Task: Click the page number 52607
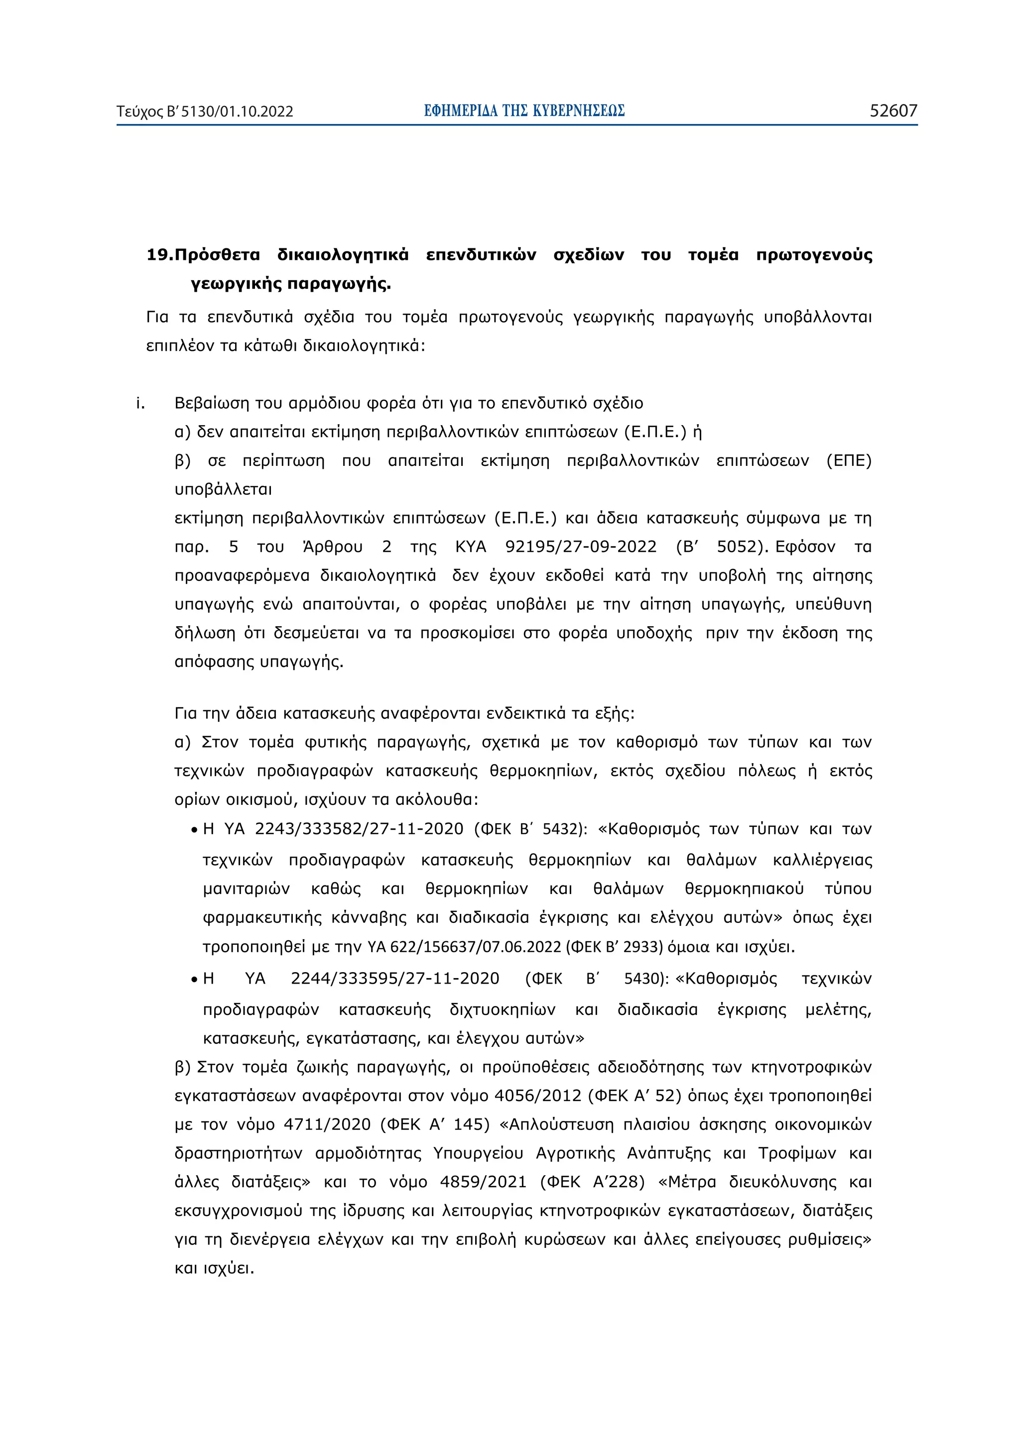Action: tap(892, 111)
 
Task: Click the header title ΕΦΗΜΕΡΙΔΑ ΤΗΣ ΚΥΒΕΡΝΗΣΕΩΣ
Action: tap(523, 111)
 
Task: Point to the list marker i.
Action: tap(140, 403)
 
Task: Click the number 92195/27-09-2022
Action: tap(581, 547)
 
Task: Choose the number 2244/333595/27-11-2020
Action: tap(394, 979)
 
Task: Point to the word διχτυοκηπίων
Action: tap(502, 1010)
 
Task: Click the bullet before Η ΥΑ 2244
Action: tap(195, 980)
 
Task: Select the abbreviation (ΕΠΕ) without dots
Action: tap(849, 460)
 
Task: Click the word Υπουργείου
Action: tap(478, 1153)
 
